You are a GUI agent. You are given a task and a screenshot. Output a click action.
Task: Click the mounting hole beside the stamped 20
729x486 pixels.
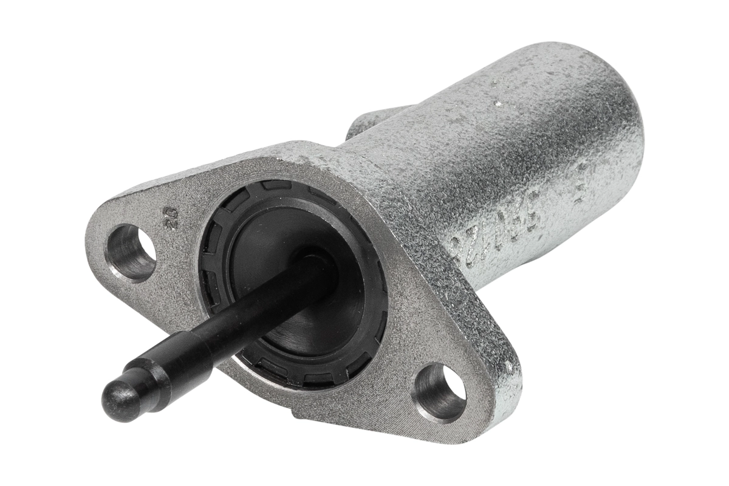[129, 252]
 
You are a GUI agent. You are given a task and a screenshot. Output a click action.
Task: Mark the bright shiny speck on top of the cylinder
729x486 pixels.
[498, 104]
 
